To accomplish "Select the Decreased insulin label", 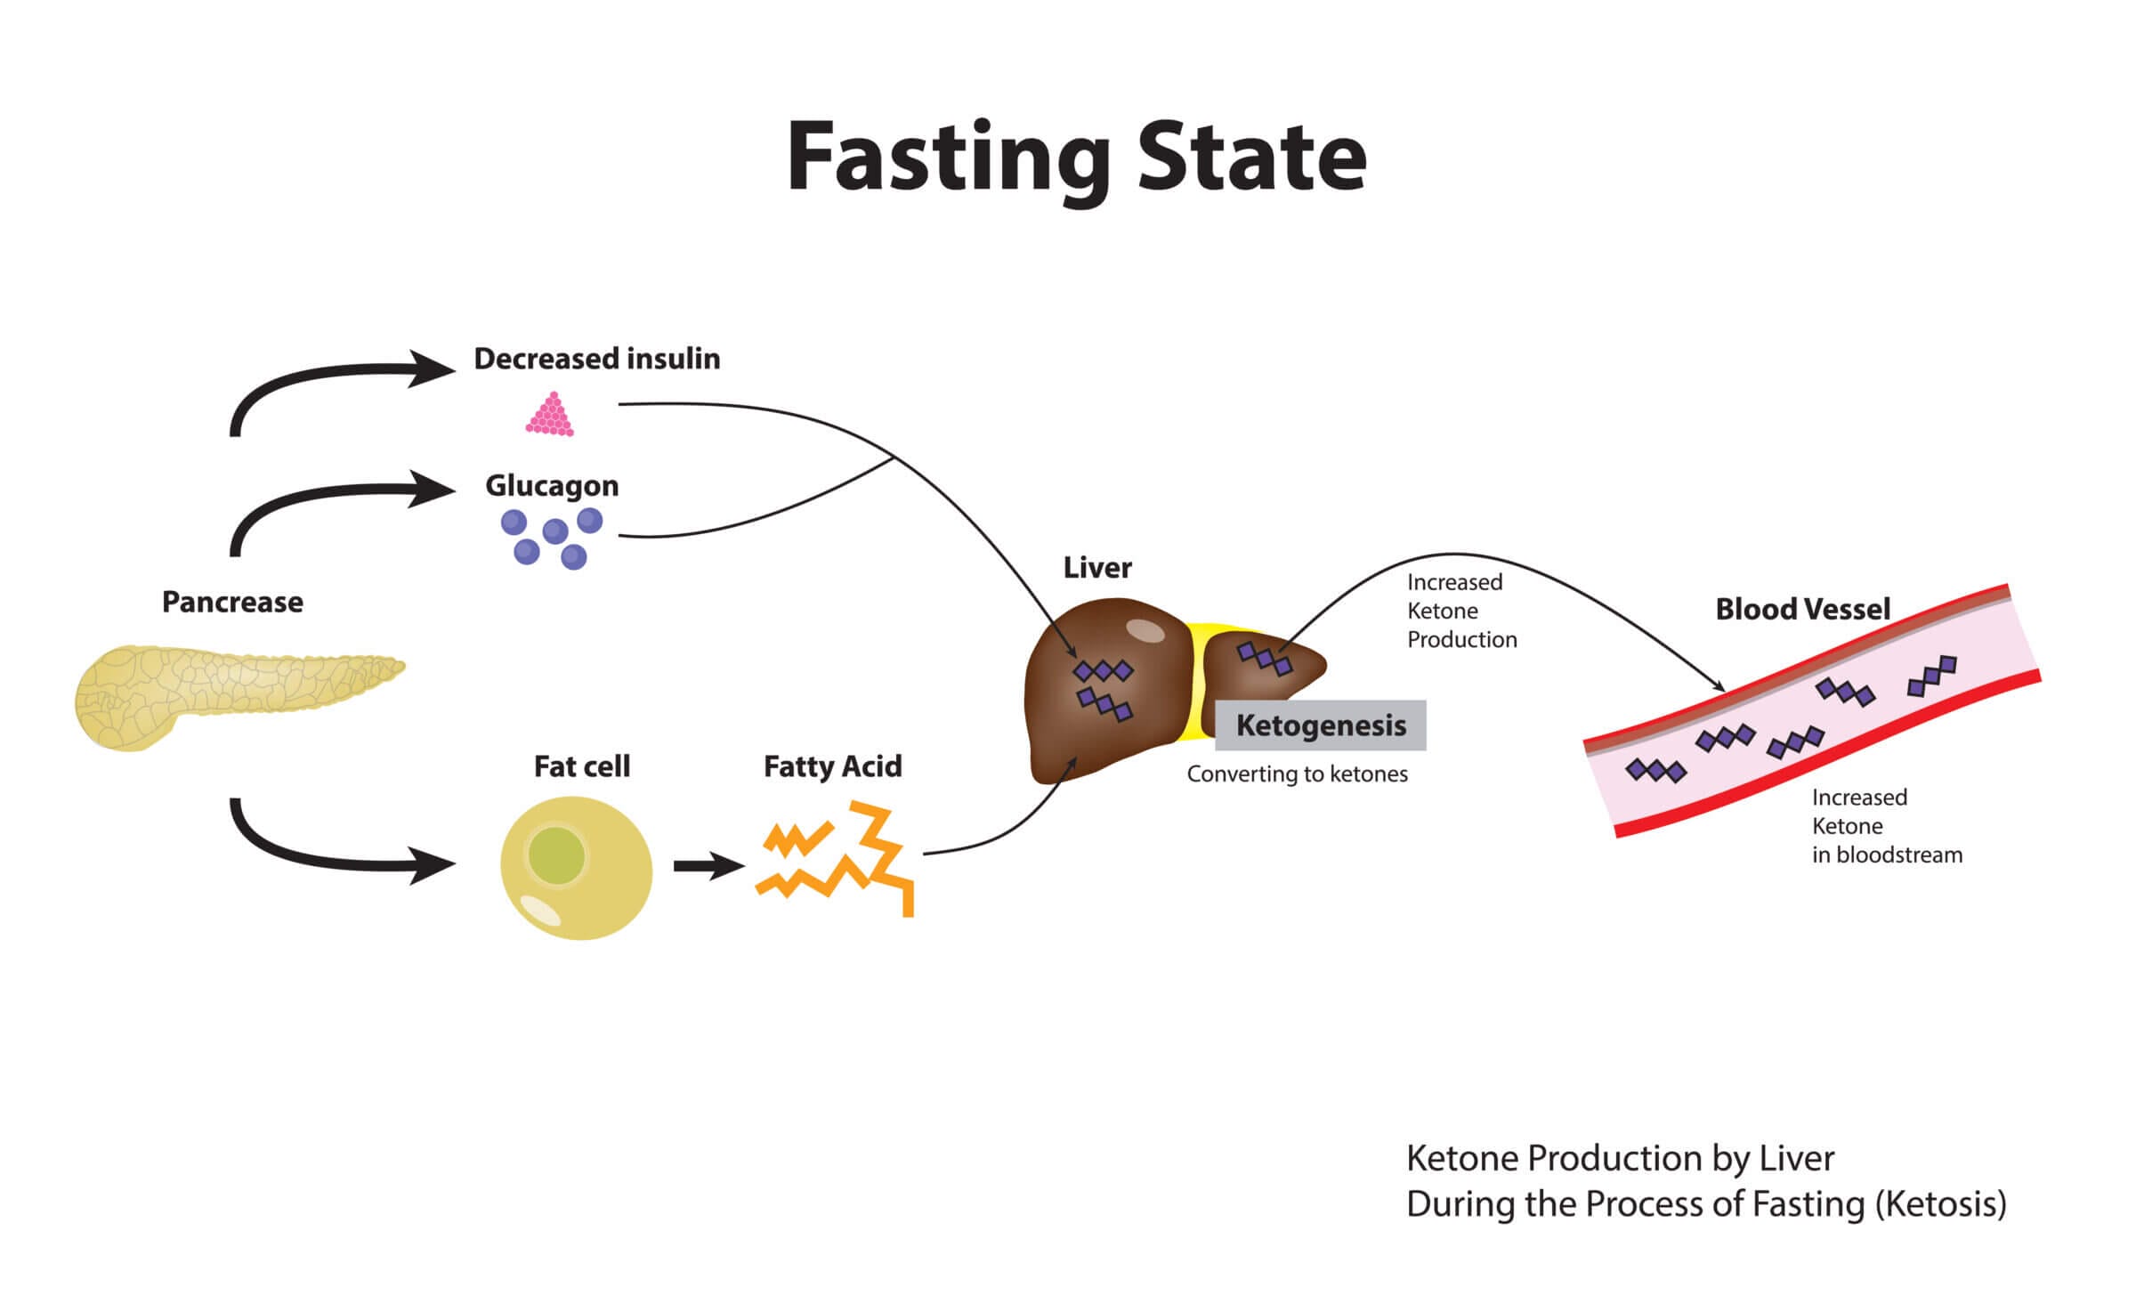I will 596,359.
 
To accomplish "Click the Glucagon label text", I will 552,486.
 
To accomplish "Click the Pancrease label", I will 232,603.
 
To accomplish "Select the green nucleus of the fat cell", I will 556,855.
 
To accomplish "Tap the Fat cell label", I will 581,766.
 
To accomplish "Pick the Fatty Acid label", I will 832,766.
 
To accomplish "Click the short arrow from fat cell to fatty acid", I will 708,865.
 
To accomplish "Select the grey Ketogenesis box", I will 1321,725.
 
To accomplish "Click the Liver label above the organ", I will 1097,568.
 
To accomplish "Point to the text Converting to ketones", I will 1297,774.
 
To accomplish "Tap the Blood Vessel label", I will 1802,610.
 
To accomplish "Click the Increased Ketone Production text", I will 1460,611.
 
